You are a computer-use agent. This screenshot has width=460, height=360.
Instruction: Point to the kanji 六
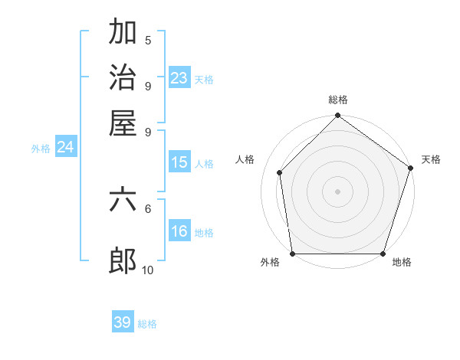[x=123, y=201]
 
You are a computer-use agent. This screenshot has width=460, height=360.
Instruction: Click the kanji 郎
[x=123, y=261]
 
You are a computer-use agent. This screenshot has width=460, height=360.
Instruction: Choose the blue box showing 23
[x=179, y=77]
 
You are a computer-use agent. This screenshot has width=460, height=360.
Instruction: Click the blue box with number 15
[x=179, y=162]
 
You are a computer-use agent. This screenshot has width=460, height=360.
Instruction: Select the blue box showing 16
[x=179, y=231]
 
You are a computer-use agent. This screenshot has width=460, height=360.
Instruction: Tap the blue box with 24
[x=65, y=147]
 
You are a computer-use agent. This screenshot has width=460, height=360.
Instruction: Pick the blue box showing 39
[x=123, y=322]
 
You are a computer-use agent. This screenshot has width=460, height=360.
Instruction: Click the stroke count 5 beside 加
[x=148, y=41]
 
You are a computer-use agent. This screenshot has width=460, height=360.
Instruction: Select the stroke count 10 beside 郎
[x=148, y=270]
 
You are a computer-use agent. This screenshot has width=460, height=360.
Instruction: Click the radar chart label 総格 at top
[x=338, y=100]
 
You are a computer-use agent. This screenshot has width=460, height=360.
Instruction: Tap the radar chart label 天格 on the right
[x=431, y=159]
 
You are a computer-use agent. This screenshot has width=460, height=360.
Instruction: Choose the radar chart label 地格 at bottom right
[x=402, y=263]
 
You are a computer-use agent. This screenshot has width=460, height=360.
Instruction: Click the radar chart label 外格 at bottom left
[x=270, y=263]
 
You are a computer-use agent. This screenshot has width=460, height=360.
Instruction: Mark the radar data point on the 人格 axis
[x=280, y=172]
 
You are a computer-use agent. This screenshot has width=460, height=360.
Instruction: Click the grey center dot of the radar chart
[x=338, y=191]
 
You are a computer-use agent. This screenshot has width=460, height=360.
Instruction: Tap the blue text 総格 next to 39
[x=147, y=324]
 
